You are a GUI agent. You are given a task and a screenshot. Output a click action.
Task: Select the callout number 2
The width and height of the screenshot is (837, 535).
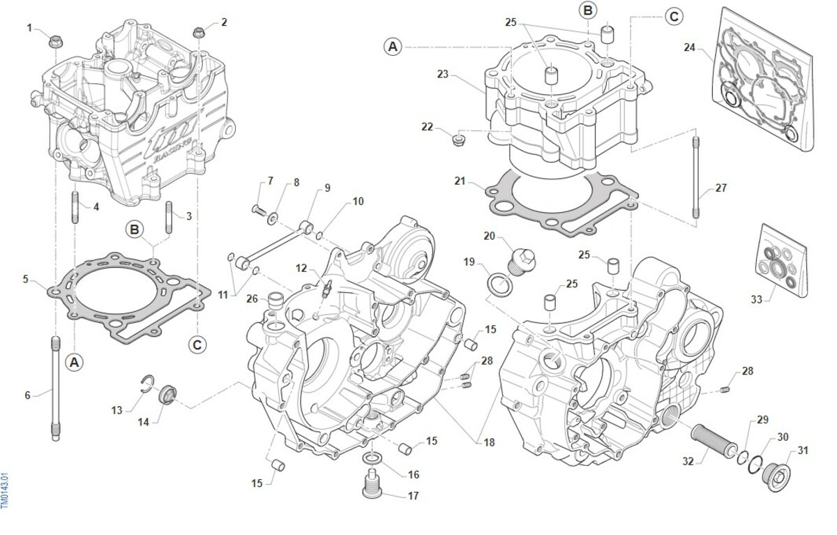224,22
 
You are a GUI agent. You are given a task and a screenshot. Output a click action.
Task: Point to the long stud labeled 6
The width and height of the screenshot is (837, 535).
54,388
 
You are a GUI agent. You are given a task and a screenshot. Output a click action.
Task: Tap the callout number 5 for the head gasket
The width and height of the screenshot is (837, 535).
25,280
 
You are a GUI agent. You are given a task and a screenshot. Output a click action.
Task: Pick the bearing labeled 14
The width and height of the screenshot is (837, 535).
167,395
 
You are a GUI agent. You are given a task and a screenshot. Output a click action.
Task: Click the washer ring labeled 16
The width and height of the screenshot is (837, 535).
372,458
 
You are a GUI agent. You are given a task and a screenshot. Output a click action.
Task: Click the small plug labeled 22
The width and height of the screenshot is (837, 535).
458,142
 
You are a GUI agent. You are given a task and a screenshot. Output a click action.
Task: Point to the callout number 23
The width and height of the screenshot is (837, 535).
442,73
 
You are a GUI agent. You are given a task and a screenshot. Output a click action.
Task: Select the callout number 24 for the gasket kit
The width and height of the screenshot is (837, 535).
689,47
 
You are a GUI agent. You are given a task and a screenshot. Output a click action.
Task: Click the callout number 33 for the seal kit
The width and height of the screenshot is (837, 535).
757,299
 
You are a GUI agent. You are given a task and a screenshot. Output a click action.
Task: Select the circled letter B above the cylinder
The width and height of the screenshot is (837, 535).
588,10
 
